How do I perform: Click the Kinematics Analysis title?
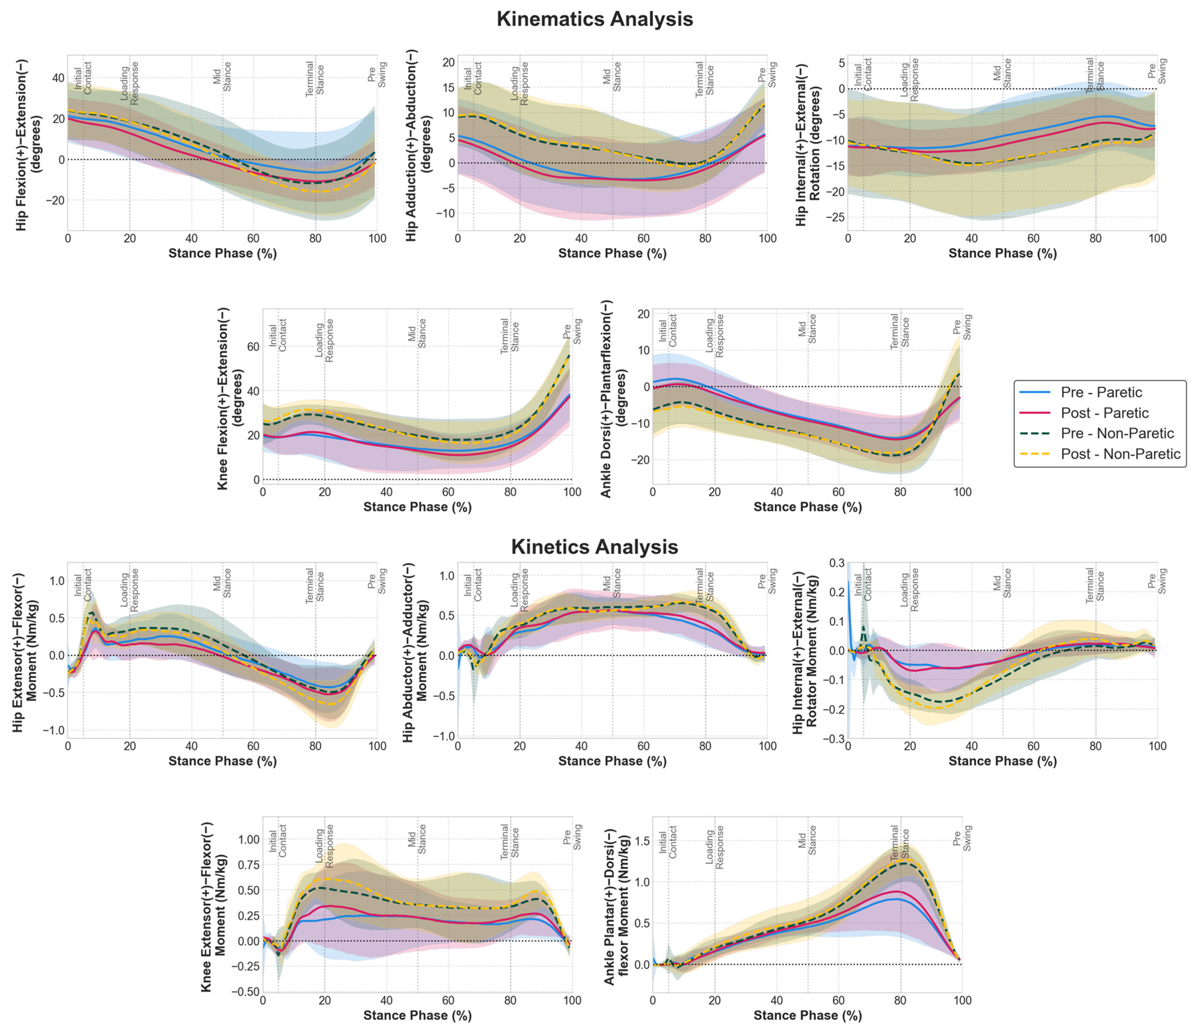pyautogui.click(x=594, y=19)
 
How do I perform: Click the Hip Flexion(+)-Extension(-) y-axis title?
pyautogui.click(x=29, y=144)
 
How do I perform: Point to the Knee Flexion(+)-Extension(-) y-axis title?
pyautogui.click(x=230, y=398)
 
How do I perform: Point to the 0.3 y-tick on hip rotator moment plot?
pyautogui.click(x=836, y=563)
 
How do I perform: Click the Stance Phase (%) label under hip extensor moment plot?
pyautogui.click(x=223, y=761)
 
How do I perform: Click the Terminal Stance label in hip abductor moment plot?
pyautogui.click(x=705, y=586)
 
